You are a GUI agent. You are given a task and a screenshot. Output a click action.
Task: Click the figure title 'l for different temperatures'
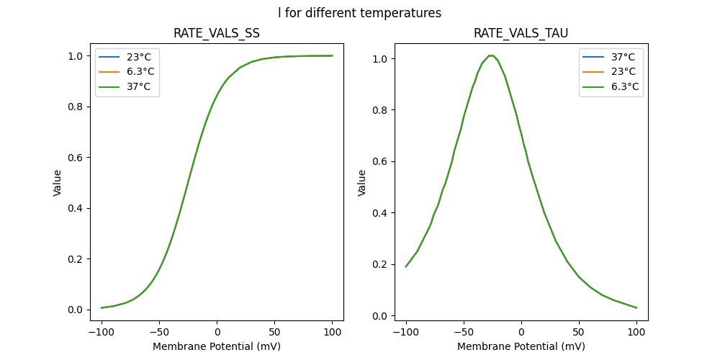pyautogui.click(x=359, y=13)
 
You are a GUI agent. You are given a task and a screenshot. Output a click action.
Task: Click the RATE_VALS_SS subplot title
pyautogui.click(x=217, y=34)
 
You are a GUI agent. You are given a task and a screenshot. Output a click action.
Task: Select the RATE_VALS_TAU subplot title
pyautogui.click(x=521, y=34)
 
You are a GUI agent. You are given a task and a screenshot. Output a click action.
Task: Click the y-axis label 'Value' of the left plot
pyautogui.click(x=58, y=183)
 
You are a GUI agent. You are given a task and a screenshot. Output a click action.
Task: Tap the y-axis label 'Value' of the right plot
pyautogui.click(x=362, y=183)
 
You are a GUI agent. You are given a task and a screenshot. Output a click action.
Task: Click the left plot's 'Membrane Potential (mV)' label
pyautogui.click(x=217, y=346)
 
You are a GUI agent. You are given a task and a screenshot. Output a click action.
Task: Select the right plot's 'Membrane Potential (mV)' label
pyautogui.click(x=521, y=346)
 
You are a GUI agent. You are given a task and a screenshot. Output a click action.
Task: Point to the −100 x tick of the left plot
pyautogui.click(x=102, y=333)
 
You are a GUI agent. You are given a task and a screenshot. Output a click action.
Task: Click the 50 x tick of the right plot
pyautogui.click(x=578, y=333)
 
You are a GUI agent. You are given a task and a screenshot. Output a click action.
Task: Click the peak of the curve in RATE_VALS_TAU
pyautogui.click(x=491, y=55)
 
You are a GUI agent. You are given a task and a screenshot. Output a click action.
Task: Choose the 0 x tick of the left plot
pyautogui.click(x=217, y=333)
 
